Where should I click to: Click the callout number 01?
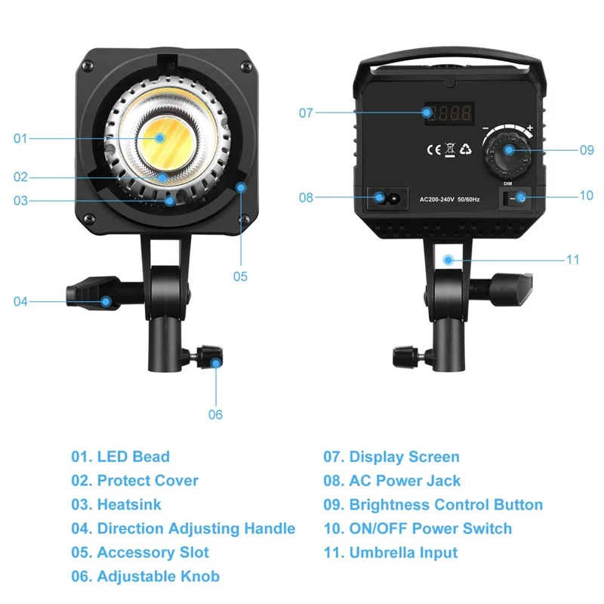pos(20,138)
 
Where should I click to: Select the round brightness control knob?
pos(507,150)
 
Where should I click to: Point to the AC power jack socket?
pos(387,198)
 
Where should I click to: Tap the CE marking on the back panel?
pos(433,149)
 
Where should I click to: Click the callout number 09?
pos(587,150)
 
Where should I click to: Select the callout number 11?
pos(572,259)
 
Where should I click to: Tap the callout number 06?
pos(216,414)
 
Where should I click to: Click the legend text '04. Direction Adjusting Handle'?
pos(183,529)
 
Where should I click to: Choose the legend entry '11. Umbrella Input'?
pos(390,553)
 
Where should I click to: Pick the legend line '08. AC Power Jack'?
pos(392,481)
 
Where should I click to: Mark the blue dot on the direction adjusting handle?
pos(106,301)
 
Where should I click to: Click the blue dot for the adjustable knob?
pos(217,362)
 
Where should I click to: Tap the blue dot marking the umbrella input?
pos(448,259)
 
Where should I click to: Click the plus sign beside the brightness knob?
pos(530,129)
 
